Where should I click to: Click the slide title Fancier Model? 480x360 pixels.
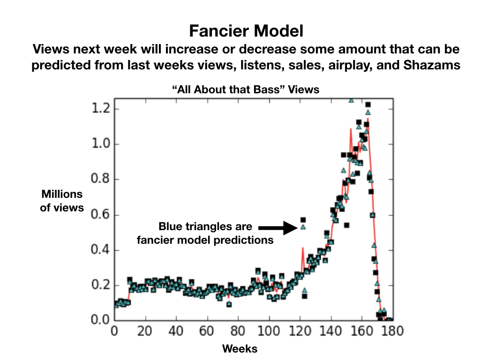pos(246,31)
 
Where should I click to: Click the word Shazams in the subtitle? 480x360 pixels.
pos(431,66)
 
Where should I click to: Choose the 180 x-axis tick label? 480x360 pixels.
pos(392,331)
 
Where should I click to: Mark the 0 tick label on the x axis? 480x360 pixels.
pos(115,331)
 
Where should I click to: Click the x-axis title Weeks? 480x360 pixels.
pos(240,349)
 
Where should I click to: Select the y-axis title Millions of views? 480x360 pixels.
pos(61,201)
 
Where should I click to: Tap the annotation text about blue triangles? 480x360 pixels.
pos(205,233)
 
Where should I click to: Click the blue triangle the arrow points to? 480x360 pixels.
pos(303,227)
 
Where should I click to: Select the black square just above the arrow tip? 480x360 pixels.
pos(303,219)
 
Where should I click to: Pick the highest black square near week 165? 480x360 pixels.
pos(368,105)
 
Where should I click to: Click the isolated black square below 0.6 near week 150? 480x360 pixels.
pos(346,225)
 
